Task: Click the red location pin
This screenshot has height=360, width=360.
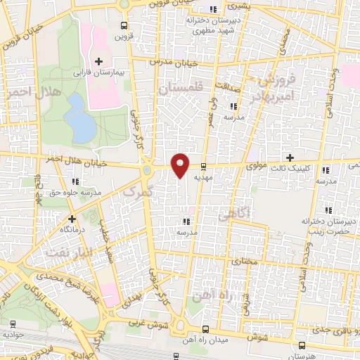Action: [181, 164]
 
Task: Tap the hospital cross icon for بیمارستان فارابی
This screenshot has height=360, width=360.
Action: [98, 62]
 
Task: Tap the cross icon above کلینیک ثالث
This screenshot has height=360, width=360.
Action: [289, 156]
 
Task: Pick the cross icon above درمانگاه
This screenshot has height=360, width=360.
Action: [72, 218]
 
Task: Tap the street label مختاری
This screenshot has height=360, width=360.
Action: [241, 262]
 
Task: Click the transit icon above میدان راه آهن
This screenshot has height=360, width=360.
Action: [205, 328]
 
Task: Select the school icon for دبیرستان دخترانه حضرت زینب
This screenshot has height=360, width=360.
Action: [327, 210]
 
